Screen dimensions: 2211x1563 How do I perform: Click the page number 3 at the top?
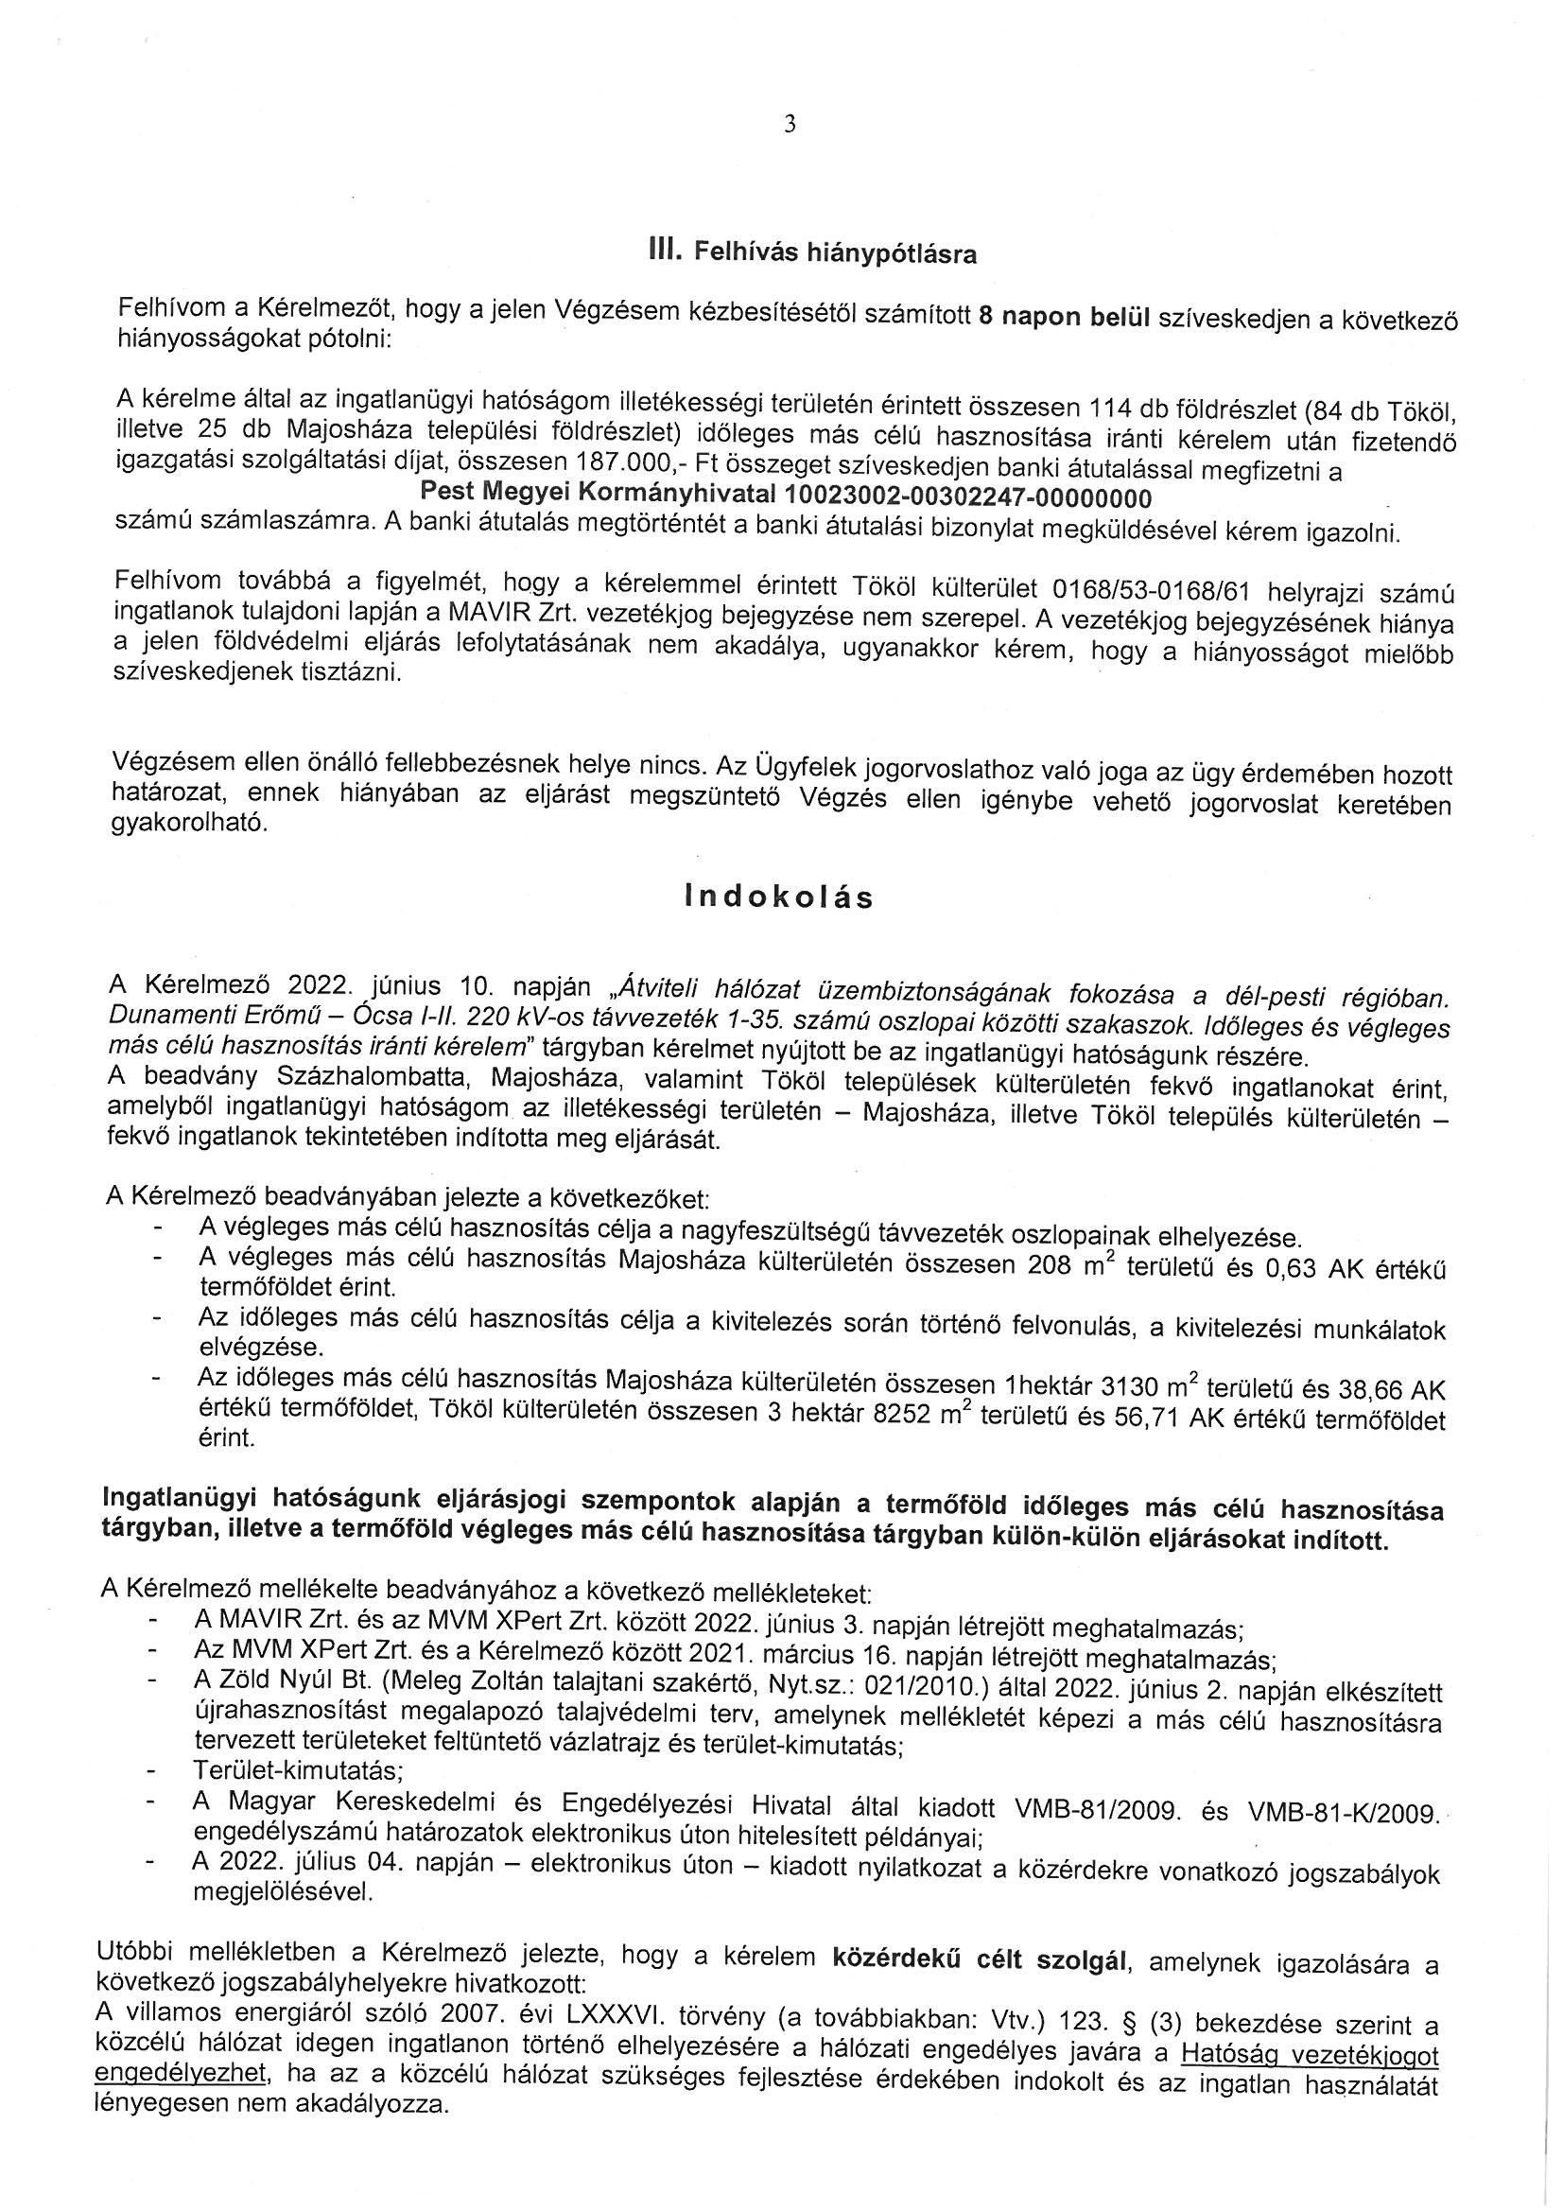tap(790, 124)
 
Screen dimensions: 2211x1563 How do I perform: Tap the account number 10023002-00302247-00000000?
tap(969, 496)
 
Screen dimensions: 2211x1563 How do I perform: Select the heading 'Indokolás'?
tap(779, 897)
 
